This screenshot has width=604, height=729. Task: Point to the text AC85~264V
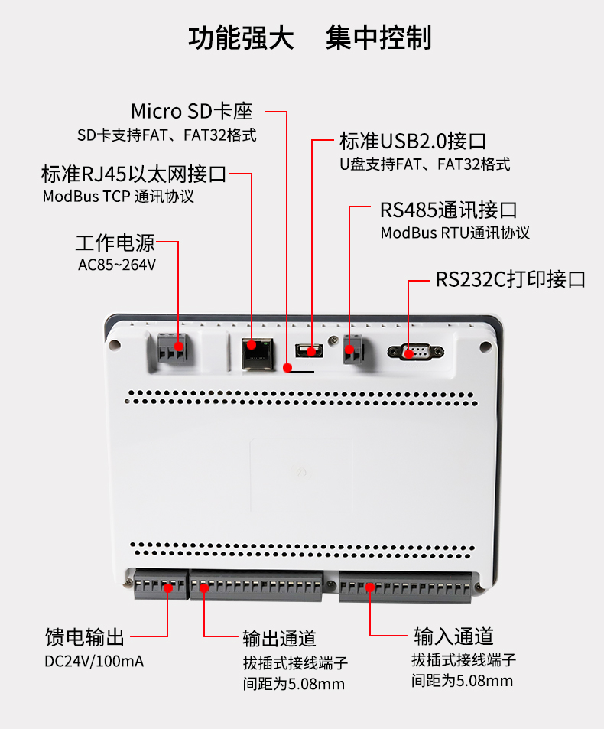117,266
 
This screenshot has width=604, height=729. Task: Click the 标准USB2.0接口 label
414,142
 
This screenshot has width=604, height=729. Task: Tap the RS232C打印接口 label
511,279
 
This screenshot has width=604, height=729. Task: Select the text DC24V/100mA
94,661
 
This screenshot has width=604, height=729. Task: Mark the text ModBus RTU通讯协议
455,233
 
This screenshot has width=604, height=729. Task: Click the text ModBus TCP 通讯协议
119,197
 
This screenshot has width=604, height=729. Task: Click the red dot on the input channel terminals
369,587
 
